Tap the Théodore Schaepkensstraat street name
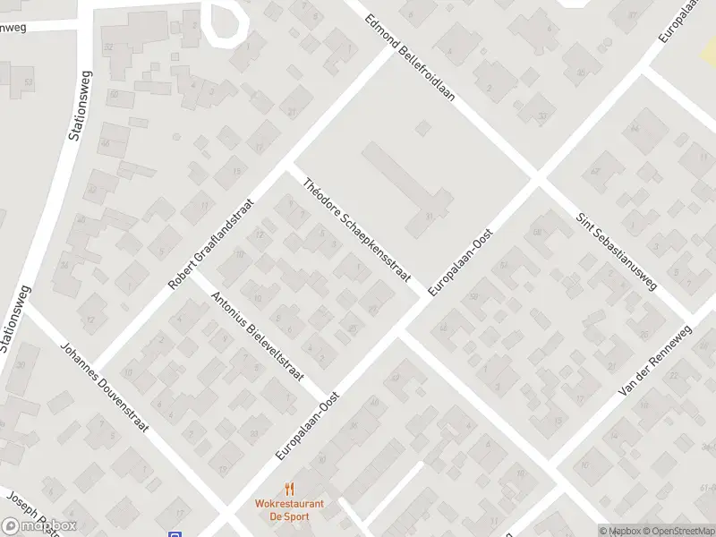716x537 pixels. tap(356, 229)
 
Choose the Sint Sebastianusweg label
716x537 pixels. tap(617, 251)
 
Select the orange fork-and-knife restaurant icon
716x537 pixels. tap(289, 489)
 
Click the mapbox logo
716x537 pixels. tap(39, 526)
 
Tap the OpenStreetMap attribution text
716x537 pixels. tap(679, 531)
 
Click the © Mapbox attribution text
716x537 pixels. tap(620, 531)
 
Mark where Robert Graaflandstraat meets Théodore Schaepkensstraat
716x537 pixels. tap(288, 166)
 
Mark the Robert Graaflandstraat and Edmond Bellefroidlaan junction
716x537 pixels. tap(391, 47)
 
